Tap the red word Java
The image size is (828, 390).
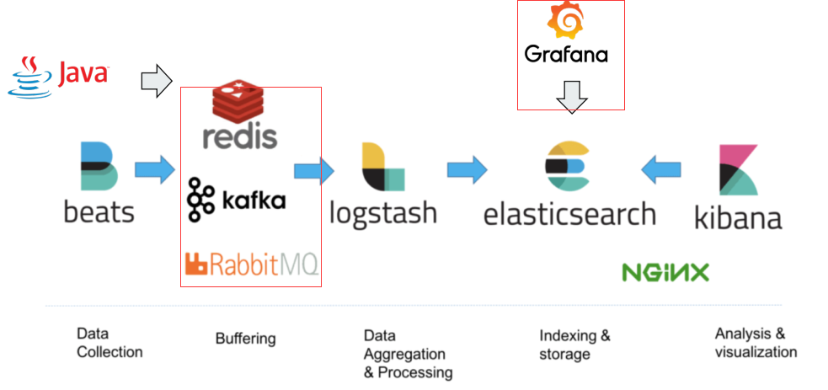pyautogui.click(x=83, y=74)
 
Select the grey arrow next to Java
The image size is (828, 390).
pyautogui.click(x=156, y=82)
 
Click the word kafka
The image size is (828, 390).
pyautogui.click(x=254, y=200)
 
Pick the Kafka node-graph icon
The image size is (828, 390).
pyautogui.click(x=202, y=200)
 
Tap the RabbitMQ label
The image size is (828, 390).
pyautogui.click(x=251, y=265)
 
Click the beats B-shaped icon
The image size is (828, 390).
pyautogui.click(x=99, y=166)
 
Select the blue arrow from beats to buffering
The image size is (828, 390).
pyautogui.click(x=153, y=170)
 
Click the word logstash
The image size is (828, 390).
pyautogui.click(x=383, y=211)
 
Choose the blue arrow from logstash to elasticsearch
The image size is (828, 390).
pyautogui.click(x=467, y=169)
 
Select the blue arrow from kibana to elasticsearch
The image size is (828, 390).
pyautogui.click(x=660, y=169)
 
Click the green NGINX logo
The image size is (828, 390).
pyautogui.click(x=665, y=272)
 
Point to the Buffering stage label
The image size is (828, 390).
pyautogui.click(x=245, y=339)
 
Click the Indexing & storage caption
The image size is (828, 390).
pyautogui.click(x=575, y=345)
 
